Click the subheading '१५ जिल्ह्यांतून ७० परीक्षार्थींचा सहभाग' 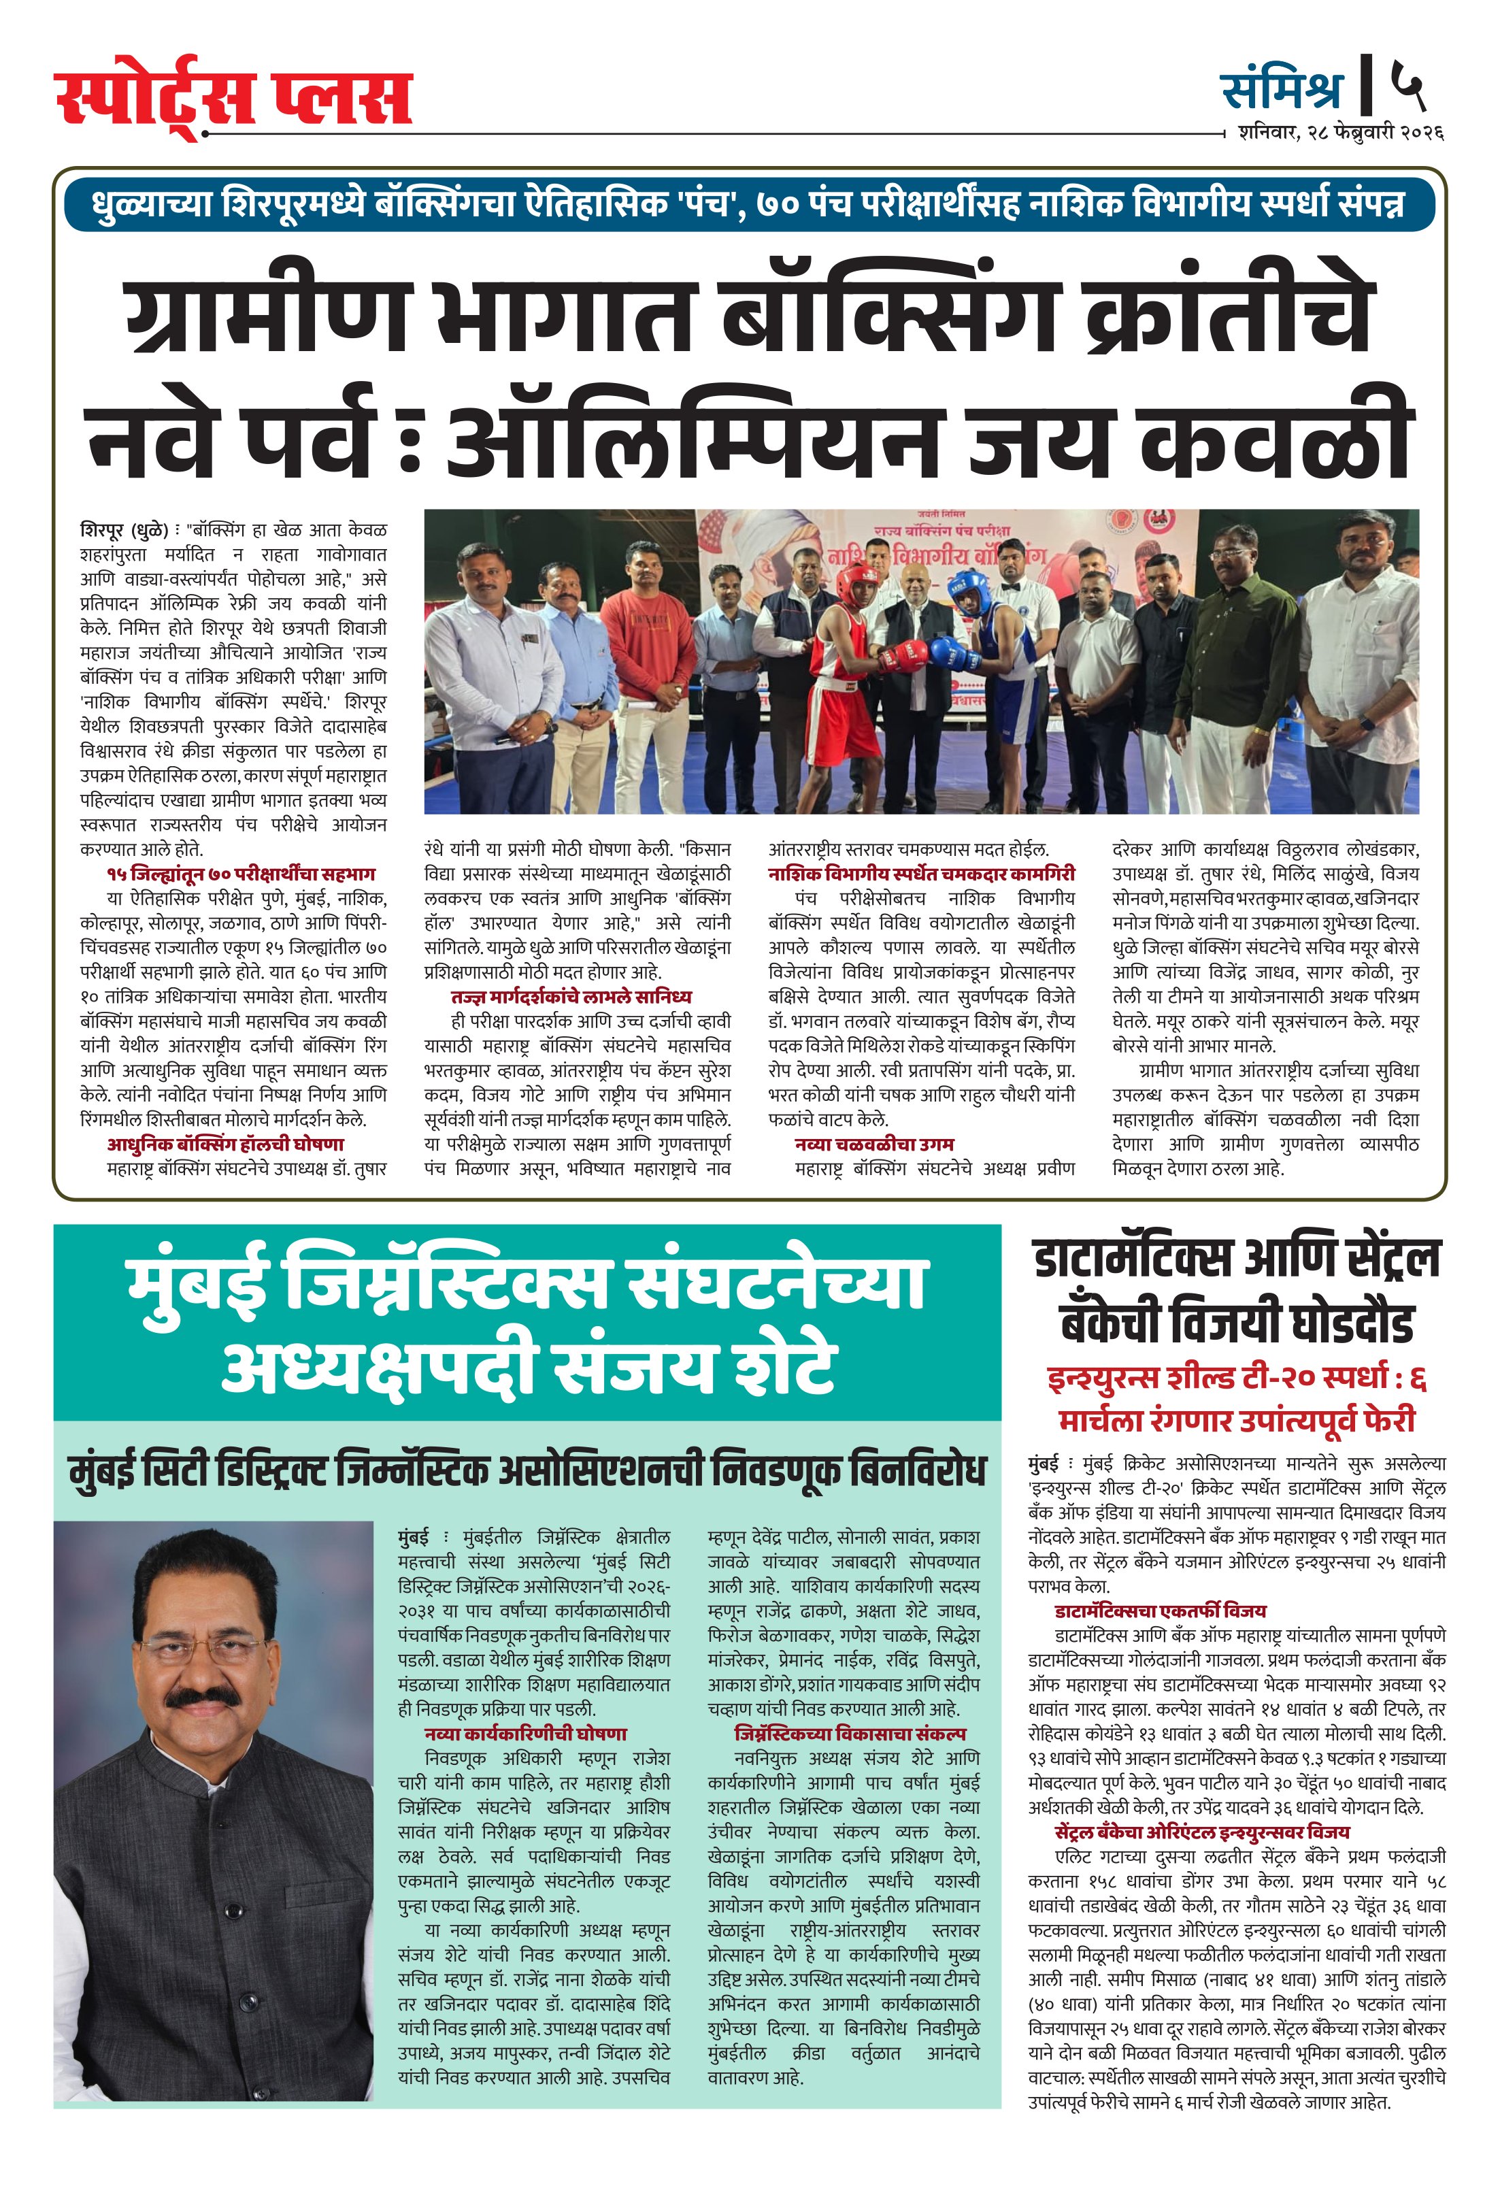(x=241, y=874)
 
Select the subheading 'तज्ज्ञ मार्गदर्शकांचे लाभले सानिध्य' (x=571, y=996)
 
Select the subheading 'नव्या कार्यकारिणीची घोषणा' (x=526, y=1734)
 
